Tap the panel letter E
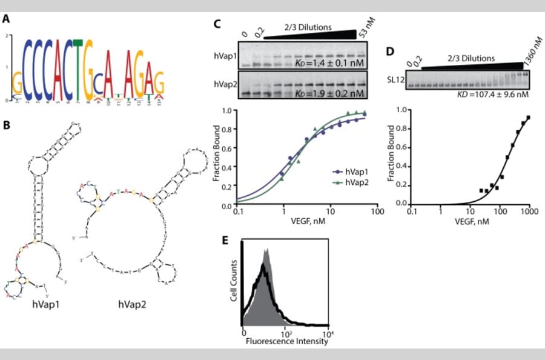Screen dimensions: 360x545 225,240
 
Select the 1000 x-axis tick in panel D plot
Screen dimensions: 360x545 530,213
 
